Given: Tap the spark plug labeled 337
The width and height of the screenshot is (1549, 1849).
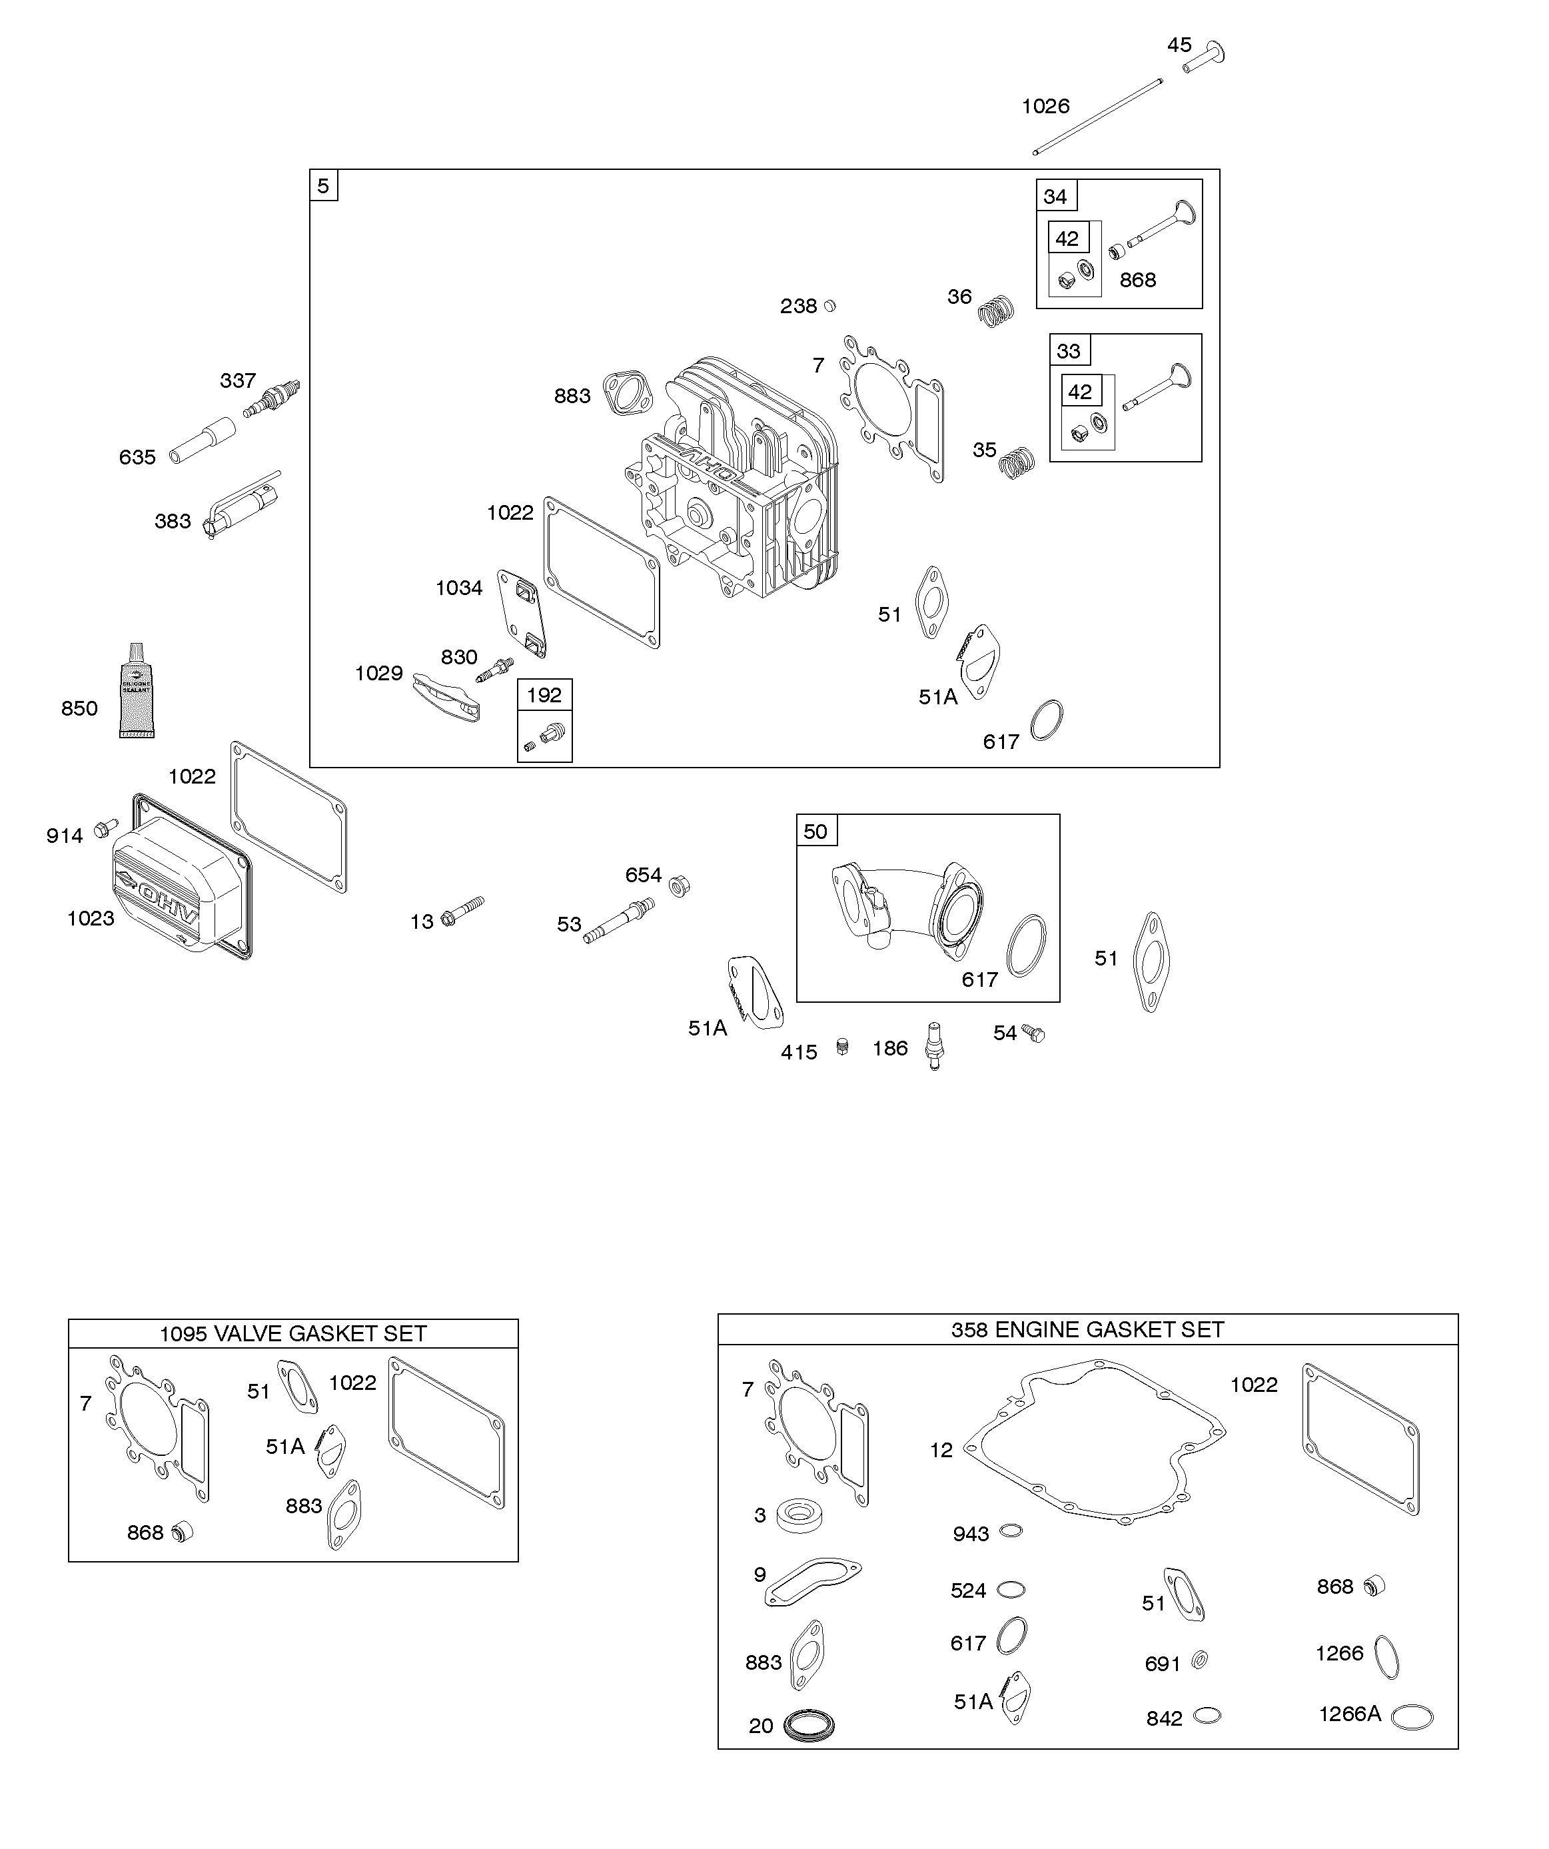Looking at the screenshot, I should (x=273, y=398).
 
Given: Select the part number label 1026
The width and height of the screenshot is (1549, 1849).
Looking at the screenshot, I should (x=1045, y=107).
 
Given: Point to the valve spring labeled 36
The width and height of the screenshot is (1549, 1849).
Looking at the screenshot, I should (x=997, y=310).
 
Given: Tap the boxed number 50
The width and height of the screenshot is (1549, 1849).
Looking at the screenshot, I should (x=815, y=831).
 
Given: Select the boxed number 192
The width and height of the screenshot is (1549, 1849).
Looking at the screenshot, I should (x=544, y=695).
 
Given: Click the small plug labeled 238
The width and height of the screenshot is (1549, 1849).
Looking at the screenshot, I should (x=829, y=306).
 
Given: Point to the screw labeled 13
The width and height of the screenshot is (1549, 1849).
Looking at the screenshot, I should (x=462, y=912).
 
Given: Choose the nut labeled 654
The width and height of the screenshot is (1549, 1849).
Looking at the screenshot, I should (x=679, y=885).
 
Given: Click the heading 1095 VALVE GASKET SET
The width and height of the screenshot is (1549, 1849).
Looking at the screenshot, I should (x=292, y=1333).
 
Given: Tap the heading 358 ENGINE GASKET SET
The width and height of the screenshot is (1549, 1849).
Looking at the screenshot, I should (x=1087, y=1329).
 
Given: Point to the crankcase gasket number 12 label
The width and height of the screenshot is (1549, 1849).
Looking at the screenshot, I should (x=941, y=1450).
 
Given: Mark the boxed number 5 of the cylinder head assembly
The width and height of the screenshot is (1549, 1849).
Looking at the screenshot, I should (x=323, y=187).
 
